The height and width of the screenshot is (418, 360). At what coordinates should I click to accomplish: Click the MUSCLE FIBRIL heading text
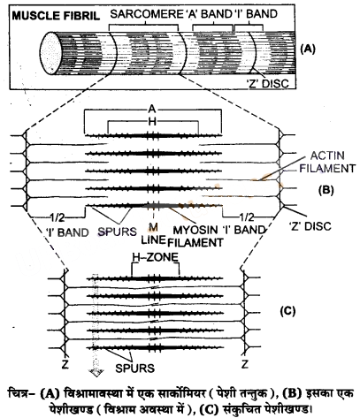(x=56, y=15)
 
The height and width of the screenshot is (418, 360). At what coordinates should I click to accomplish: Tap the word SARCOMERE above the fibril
(x=146, y=14)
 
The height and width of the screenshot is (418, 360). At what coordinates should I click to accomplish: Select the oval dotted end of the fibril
(x=50, y=53)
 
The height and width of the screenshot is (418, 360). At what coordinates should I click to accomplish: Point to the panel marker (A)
(x=308, y=49)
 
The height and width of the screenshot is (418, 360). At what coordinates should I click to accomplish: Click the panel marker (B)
(x=326, y=190)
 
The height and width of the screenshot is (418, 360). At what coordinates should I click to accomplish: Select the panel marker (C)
(x=287, y=311)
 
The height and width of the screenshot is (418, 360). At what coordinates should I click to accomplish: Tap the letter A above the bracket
(x=152, y=110)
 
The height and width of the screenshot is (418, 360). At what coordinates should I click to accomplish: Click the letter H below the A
(x=152, y=122)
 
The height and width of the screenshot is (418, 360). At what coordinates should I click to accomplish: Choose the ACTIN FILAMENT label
(x=327, y=162)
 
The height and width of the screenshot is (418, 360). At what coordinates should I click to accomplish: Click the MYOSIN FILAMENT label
(x=195, y=236)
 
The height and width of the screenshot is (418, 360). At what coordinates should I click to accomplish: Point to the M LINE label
(x=153, y=233)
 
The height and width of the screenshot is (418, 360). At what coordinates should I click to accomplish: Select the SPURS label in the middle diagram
(x=118, y=232)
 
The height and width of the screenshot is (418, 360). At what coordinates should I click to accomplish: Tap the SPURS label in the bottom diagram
(x=134, y=369)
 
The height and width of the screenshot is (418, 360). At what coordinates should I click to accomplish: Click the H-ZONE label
(x=156, y=257)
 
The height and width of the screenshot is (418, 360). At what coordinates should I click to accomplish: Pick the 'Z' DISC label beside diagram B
(x=310, y=226)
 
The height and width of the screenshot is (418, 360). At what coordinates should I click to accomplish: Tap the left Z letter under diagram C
(x=65, y=364)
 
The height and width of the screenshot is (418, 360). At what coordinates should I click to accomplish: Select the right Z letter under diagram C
(x=245, y=364)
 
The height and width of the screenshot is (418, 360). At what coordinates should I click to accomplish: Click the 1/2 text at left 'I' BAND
(x=57, y=218)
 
